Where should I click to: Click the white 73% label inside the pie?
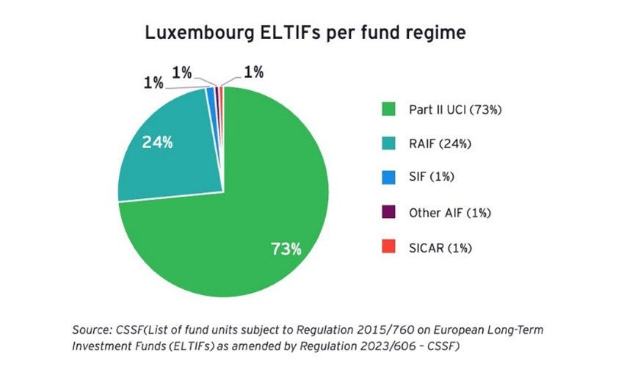pos(286,249)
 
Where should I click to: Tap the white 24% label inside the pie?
pos(158,142)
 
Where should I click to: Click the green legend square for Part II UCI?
pos(389,110)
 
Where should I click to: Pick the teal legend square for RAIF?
pos(389,145)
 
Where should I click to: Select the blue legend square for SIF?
pos(389,179)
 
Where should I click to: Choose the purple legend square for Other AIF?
pos(389,214)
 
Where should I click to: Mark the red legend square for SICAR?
pos(389,248)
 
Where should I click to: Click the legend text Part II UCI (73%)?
pos(455,110)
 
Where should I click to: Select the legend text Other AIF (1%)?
pos(450,214)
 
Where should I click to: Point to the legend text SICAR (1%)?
pos(440,248)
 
